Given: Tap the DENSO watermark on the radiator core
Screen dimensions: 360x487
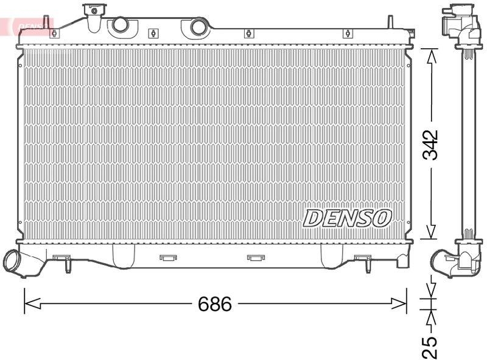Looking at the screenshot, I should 347,217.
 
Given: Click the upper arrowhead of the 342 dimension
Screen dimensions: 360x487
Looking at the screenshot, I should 431,57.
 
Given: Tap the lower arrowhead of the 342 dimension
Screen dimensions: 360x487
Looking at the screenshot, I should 431,232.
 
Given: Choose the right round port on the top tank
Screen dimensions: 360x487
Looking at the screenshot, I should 198,27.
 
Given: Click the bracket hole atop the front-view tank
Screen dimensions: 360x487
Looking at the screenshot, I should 93,10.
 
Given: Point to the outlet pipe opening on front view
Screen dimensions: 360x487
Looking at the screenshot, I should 12,261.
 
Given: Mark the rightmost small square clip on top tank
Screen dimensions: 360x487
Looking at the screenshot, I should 347,34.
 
